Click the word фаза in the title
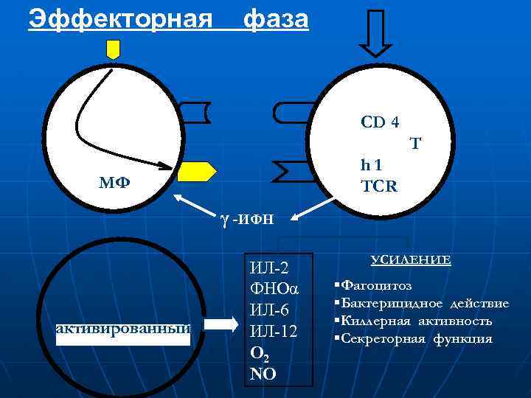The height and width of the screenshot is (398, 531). (276, 19)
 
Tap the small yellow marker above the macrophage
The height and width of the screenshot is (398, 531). (113, 49)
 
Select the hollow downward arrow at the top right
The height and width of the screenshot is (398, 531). (378, 32)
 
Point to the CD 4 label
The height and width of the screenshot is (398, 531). (380, 122)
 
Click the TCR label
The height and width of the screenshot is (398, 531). (379, 186)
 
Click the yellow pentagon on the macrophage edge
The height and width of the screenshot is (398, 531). (198, 171)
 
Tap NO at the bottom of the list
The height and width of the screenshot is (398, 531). (263, 374)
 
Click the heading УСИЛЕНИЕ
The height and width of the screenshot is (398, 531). (411, 260)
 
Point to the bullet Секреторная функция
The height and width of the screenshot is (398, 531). (415, 338)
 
